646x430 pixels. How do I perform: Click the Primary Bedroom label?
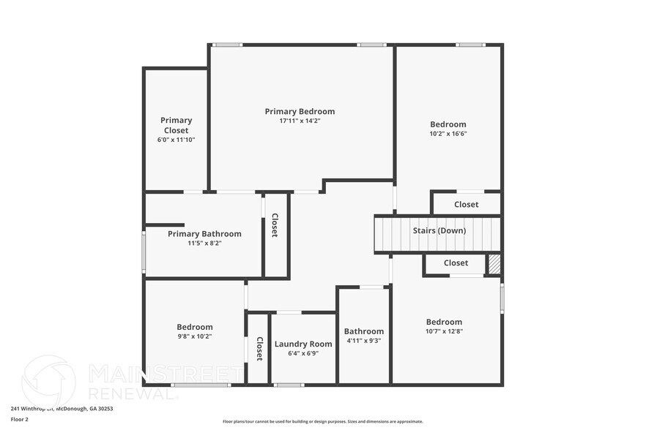(300, 111)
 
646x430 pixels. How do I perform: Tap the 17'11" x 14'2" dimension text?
(300, 121)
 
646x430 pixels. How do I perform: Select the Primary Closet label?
(177, 125)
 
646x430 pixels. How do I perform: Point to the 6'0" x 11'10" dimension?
(177, 139)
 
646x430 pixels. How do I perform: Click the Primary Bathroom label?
(204, 234)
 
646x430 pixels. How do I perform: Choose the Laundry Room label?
(303, 344)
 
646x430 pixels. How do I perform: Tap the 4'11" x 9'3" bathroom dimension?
(364, 341)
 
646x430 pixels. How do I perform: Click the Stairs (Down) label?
(439, 230)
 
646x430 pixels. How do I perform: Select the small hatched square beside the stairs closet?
(495, 263)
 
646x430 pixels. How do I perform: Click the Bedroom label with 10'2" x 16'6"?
(448, 124)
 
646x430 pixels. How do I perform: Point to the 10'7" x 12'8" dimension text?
(445, 331)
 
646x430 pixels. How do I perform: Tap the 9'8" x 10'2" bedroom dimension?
(195, 336)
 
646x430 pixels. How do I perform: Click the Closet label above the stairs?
(467, 205)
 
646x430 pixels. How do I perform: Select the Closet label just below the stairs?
(456, 263)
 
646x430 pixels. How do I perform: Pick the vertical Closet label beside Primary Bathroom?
(275, 225)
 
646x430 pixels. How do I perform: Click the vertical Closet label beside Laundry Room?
(259, 349)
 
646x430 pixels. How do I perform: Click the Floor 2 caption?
(20, 419)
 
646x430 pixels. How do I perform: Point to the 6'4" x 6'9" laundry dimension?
(303, 354)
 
